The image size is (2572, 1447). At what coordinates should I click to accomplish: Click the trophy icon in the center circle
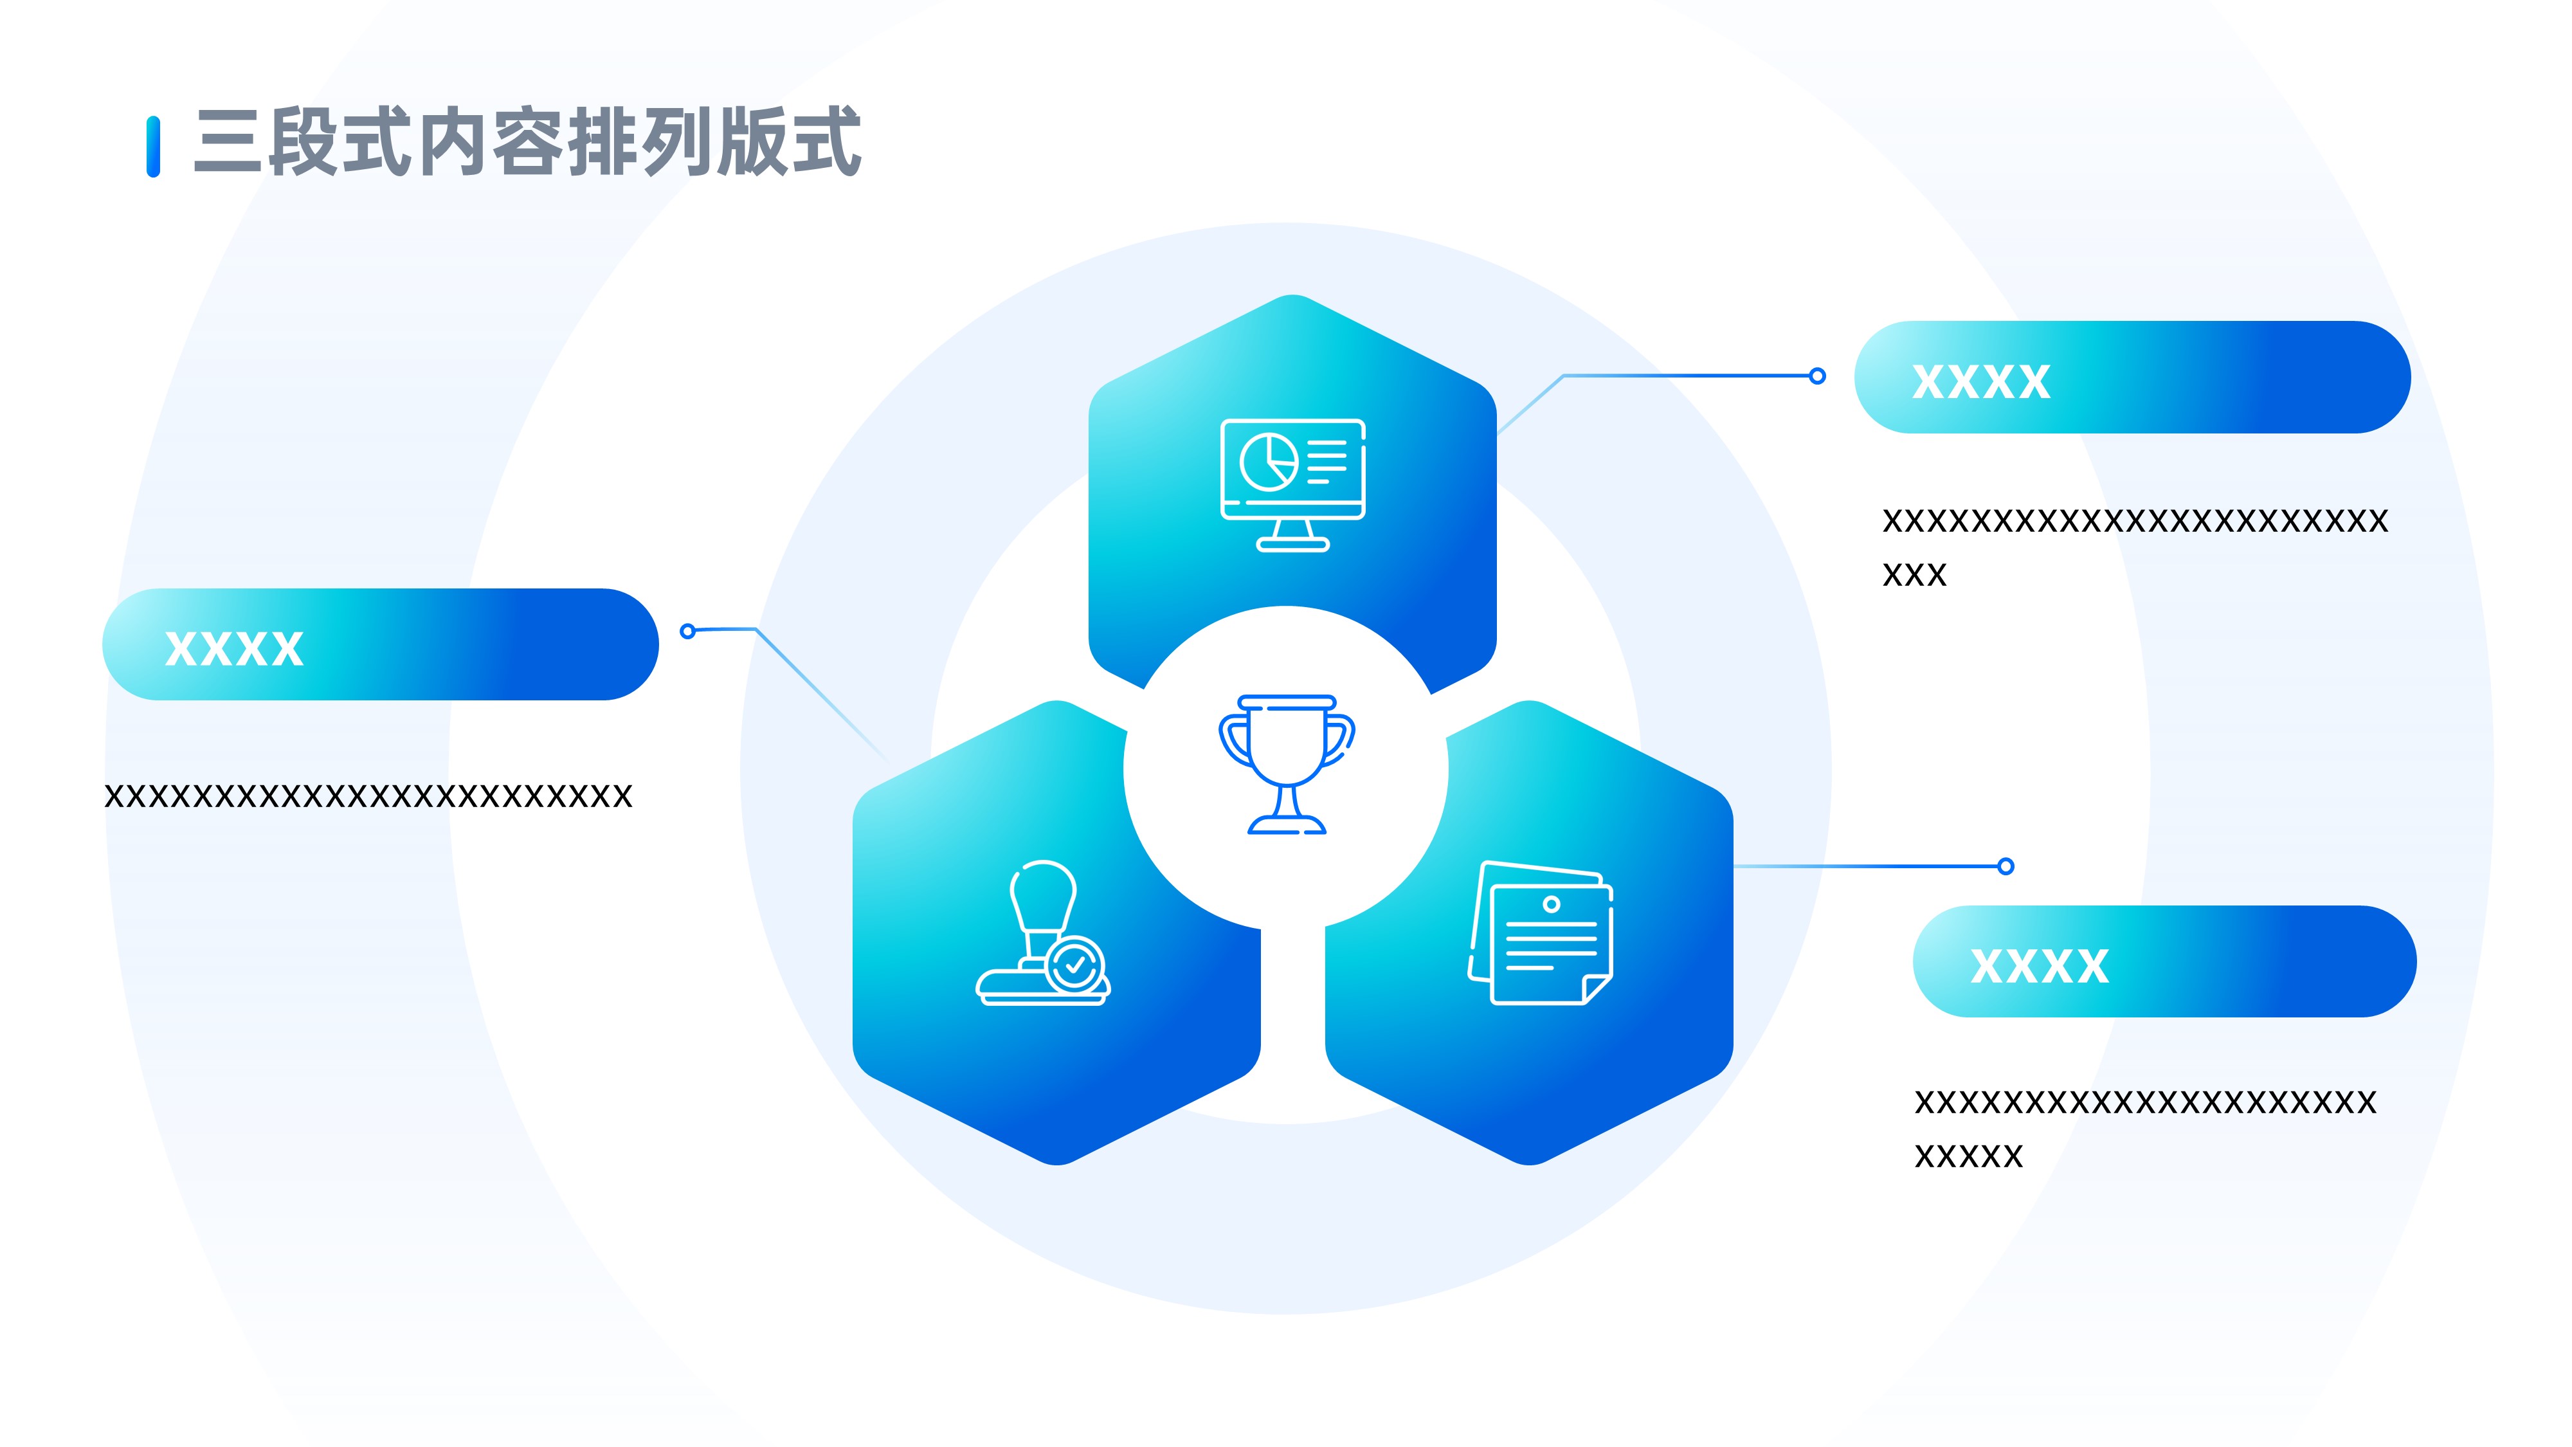1286,764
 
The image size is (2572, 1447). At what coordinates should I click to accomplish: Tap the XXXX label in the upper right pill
1981,381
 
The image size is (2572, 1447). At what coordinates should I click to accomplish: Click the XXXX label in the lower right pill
2039,966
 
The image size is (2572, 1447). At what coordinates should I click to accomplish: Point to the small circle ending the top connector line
1817,376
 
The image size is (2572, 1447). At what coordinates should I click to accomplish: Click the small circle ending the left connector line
687,631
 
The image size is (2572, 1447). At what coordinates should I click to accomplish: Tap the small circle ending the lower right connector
2006,866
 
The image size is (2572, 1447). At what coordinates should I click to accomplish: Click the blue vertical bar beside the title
153,147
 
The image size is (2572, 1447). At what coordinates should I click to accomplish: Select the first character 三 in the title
228,143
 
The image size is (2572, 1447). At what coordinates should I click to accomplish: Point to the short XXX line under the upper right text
1914,575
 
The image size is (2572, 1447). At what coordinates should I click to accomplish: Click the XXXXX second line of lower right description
1968,1156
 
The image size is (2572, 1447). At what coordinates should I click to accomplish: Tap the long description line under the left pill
368,796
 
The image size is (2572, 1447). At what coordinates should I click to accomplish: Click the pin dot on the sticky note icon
1550,904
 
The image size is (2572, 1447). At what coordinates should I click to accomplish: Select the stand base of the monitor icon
1292,544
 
